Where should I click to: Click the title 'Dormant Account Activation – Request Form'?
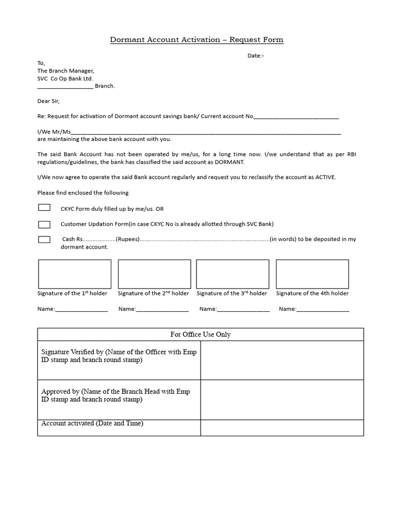(196, 39)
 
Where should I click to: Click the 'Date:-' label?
(256, 55)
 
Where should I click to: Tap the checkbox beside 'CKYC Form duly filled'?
(44, 208)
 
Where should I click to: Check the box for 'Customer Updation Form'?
(44, 224)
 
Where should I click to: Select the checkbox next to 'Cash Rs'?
(44, 239)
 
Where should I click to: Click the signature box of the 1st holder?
(74, 274)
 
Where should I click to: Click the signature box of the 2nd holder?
(154, 274)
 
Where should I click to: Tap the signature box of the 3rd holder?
(232, 274)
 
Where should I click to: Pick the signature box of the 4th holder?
(312, 274)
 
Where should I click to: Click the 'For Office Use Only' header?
(200, 334)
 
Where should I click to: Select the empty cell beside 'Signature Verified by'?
(282, 360)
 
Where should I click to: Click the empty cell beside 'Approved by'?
(282, 399)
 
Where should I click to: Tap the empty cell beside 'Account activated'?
(282, 428)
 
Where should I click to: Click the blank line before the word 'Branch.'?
(65, 86)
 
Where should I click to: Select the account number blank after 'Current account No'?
(296, 117)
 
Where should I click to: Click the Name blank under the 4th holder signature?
(323, 309)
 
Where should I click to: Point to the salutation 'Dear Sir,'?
(49, 101)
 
